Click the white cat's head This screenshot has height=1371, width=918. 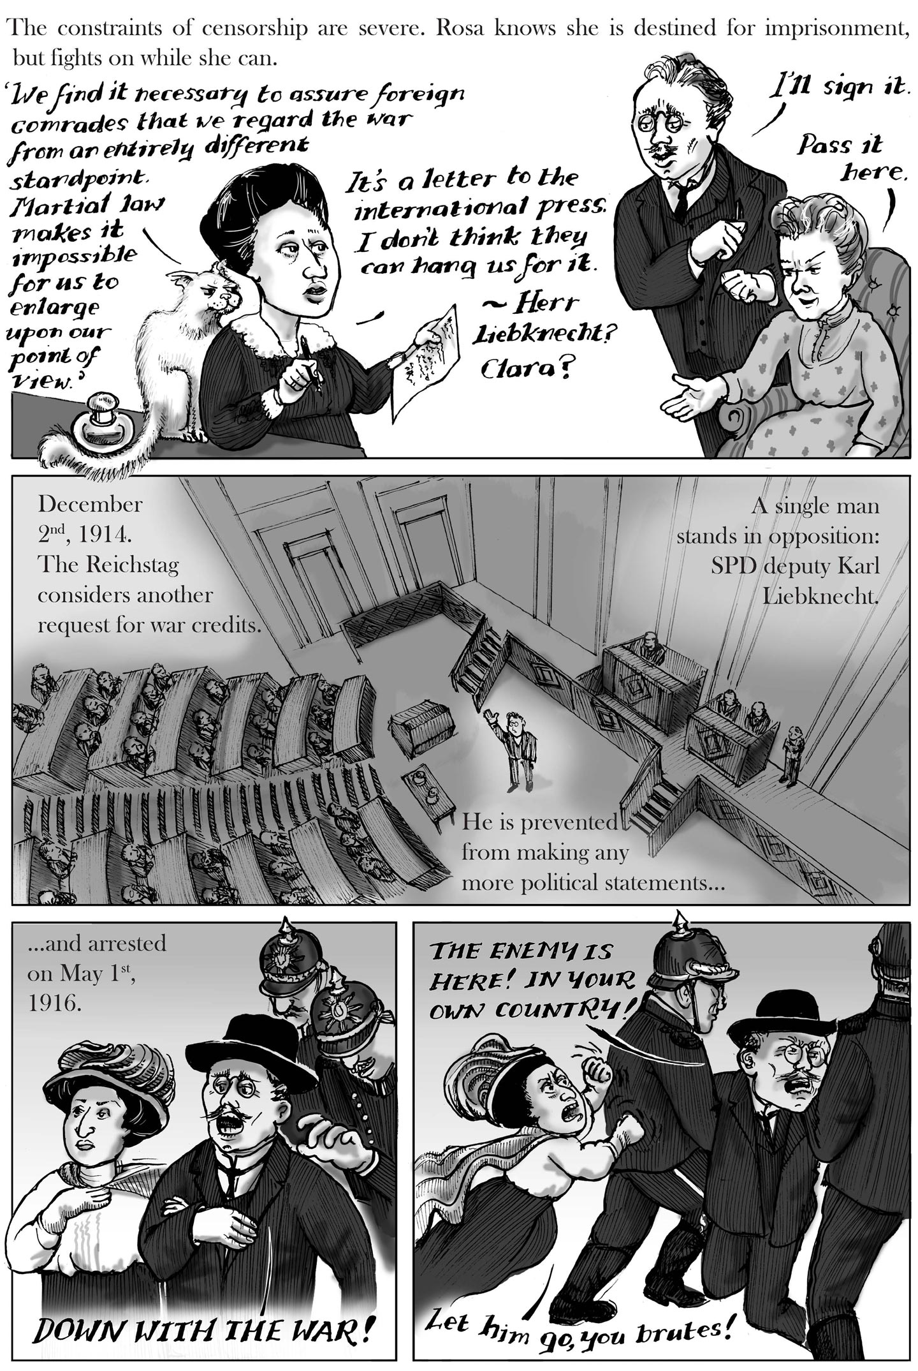pyautogui.click(x=211, y=291)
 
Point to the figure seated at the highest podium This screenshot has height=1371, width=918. pyautogui.click(x=649, y=644)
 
